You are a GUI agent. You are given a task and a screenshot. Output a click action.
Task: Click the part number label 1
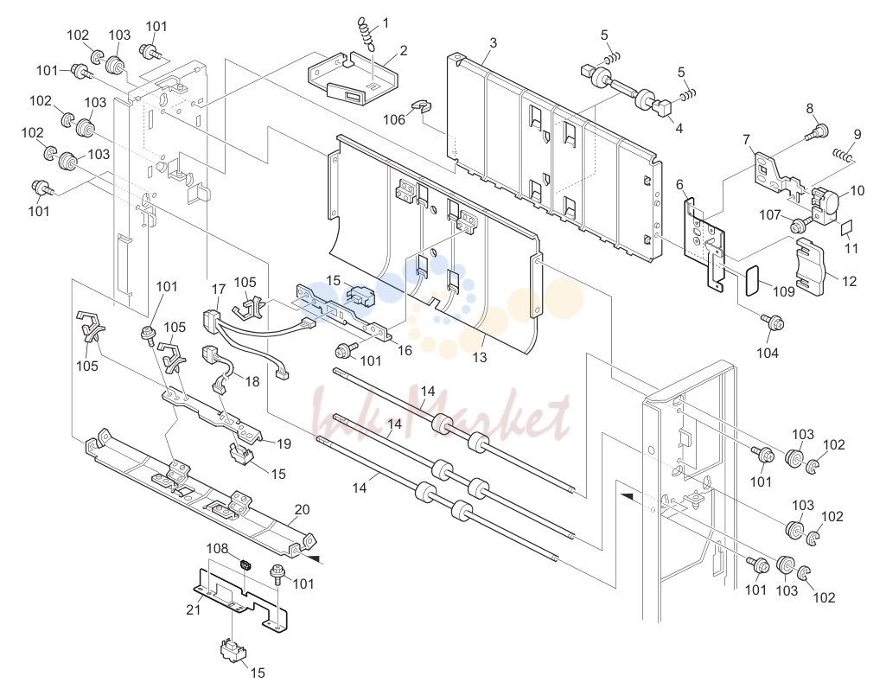[386, 23]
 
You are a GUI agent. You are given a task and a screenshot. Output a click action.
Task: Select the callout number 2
[403, 51]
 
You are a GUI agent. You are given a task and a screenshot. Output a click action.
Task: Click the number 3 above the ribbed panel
[494, 42]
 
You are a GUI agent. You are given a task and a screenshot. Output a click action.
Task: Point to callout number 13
[479, 357]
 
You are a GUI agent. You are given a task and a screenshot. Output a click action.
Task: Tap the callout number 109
[784, 291]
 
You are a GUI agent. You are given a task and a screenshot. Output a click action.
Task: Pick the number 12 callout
[850, 281]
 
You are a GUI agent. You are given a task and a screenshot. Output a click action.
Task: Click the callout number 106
[394, 119]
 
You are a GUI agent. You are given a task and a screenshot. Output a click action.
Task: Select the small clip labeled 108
[245, 564]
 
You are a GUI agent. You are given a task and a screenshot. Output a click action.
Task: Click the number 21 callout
[194, 609]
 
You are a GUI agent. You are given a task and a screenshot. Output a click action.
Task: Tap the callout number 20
[303, 509]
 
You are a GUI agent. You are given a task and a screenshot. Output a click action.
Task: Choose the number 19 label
[284, 443]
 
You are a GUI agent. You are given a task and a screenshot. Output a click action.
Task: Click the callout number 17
[219, 290]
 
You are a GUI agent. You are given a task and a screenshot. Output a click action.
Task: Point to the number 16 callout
[405, 350]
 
